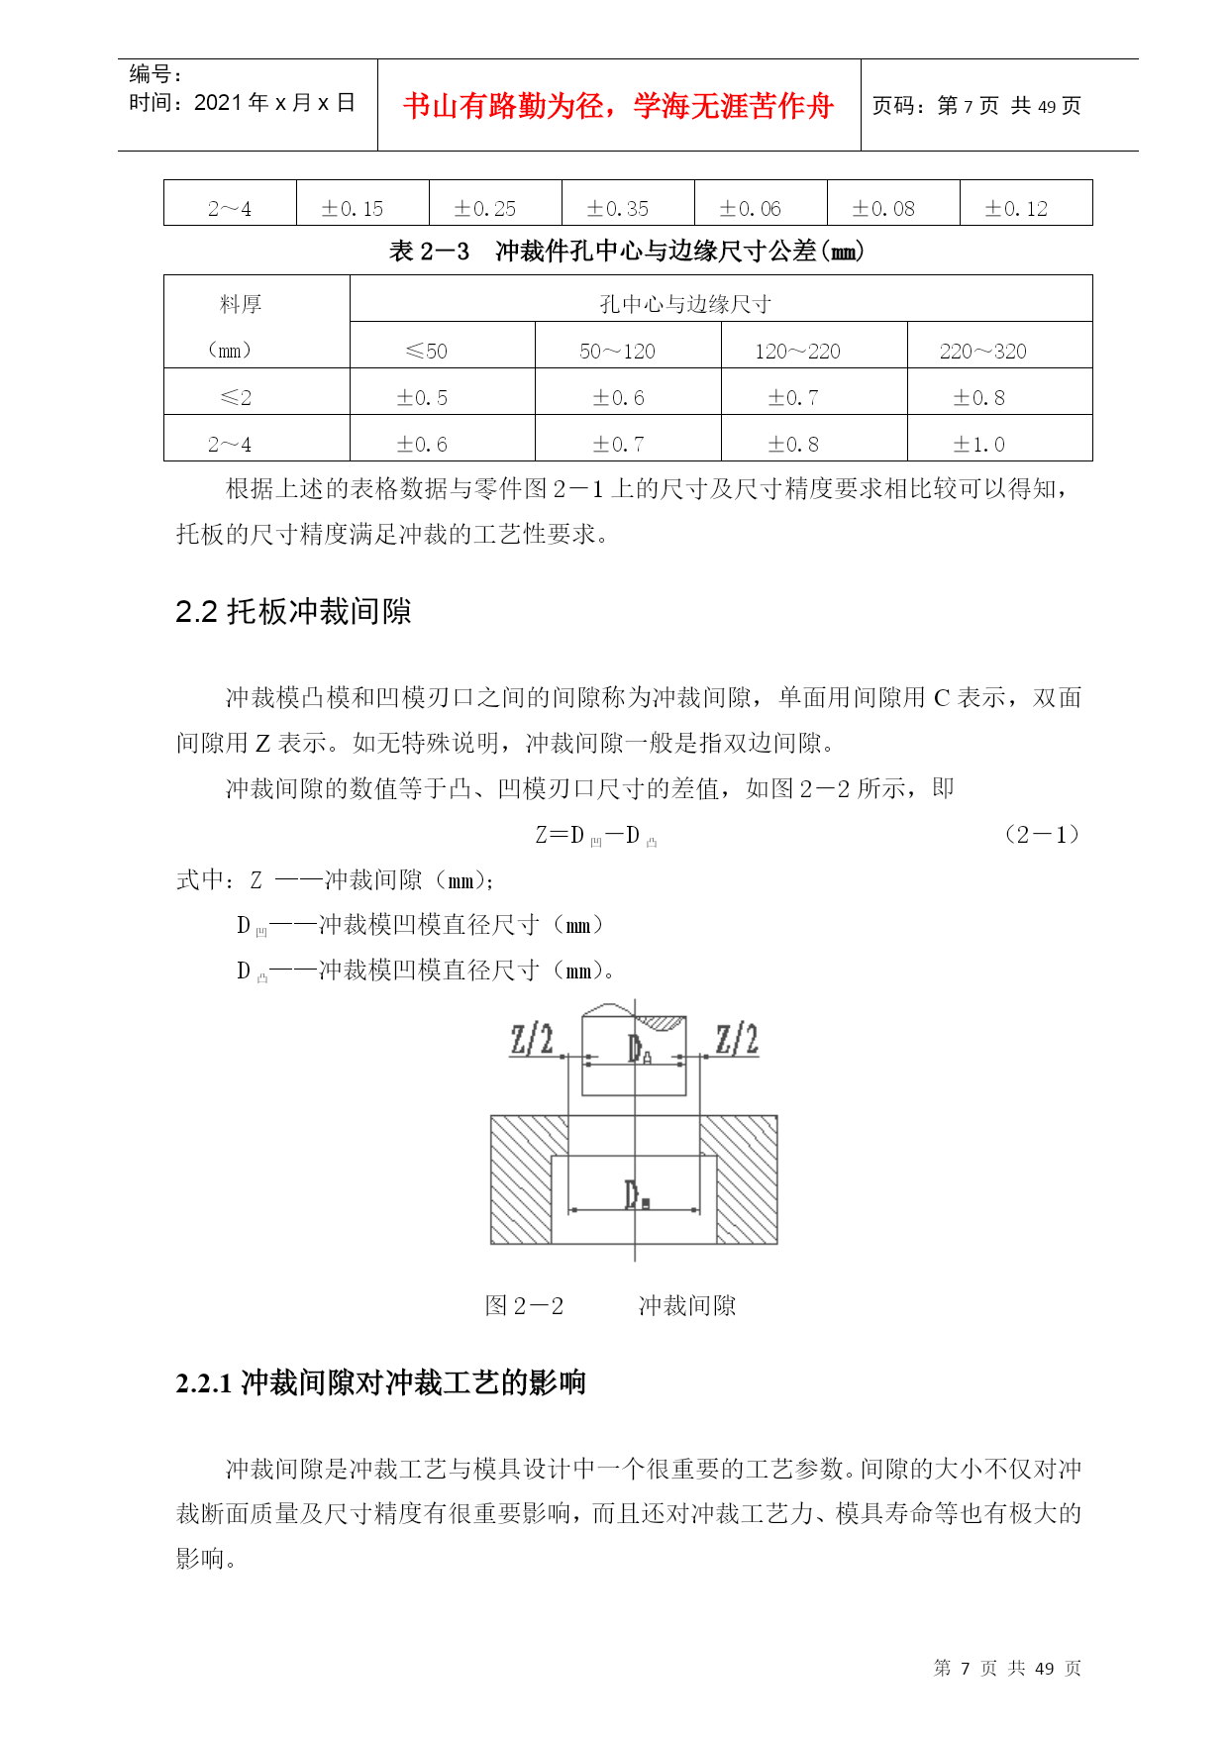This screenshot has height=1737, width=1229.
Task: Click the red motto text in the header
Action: click(x=618, y=106)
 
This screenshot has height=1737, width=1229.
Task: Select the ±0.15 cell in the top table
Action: click(x=353, y=209)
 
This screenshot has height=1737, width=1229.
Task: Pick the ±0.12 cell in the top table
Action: click(x=1016, y=209)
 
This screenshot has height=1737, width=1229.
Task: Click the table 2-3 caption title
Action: click(x=627, y=252)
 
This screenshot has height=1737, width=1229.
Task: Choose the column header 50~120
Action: click(x=617, y=352)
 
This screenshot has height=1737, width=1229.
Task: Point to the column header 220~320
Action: click(x=982, y=352)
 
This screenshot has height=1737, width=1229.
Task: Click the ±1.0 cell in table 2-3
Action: click(x=978, y=445)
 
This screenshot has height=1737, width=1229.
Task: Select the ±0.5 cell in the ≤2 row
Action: click(x=422, y=398)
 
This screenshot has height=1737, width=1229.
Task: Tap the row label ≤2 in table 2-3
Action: click(x=236, y=398)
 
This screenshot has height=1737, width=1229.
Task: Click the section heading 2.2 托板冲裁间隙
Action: click(x=293, y=612)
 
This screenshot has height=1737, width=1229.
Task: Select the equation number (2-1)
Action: click(x=1042, y=835)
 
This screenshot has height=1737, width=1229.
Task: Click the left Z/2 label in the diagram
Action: click(x=532, y=1040)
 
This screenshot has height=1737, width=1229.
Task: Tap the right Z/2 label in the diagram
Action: click(x=737, y=1040)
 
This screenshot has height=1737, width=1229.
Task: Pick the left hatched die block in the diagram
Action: click(x=521, y=1178)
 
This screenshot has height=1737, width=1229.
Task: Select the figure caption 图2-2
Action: click(x=524, y=1306)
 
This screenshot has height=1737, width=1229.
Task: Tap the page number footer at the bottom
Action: click(x=1007, y=1669)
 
